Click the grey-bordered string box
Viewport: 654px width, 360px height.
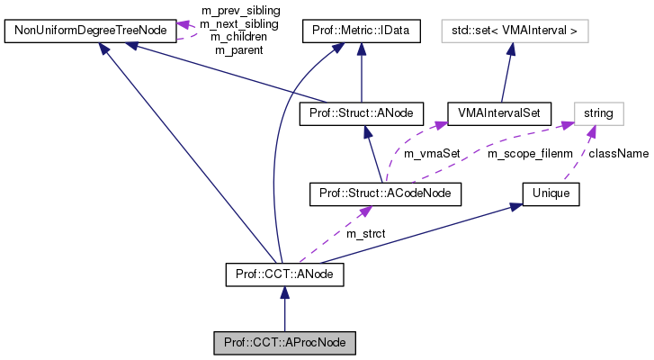(x=598, y=113)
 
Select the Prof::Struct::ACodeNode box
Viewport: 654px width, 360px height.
(x=385, y=193)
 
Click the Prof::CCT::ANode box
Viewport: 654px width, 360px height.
(x=284, y=271)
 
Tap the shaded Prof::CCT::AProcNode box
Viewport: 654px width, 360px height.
(x=284, y=343)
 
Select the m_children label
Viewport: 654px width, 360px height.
(x=239, y=37)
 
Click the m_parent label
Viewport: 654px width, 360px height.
(x=238, y=50)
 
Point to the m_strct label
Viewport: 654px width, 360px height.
(x=365, y=233)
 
